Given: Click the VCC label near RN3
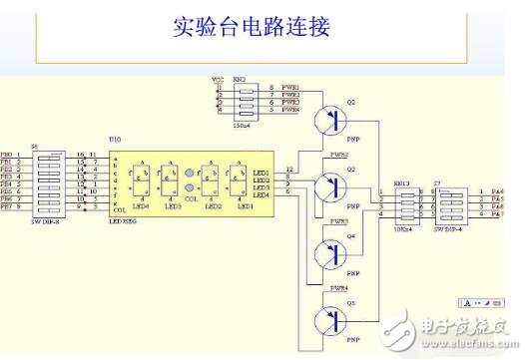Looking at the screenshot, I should [x=218, y=77].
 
